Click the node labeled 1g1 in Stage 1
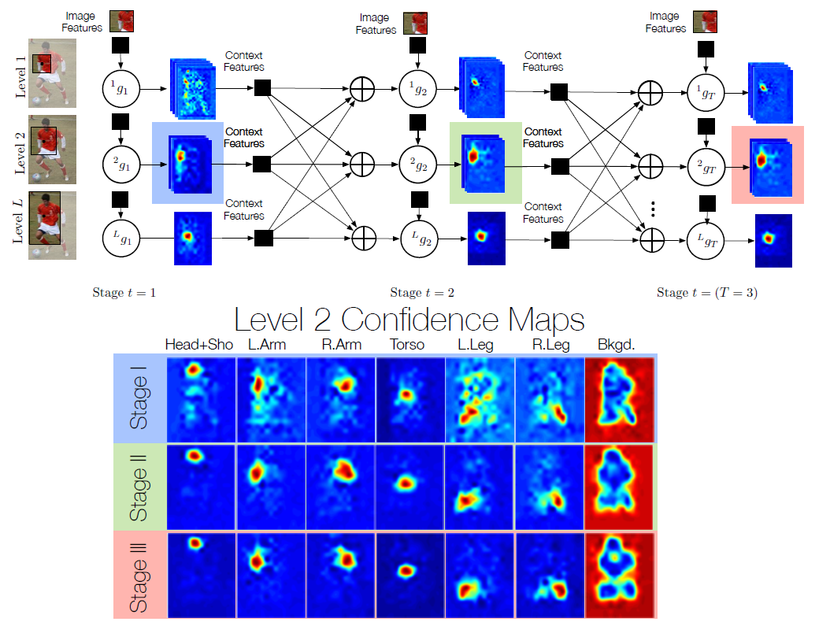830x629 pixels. tap(120, 88)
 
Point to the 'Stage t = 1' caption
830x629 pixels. tap(124, 293)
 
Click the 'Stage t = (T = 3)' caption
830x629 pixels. tap(706, 293)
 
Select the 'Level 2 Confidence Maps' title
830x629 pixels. tap(409, 320)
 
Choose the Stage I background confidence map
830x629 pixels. tap(620, 398)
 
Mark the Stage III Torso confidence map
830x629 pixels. tap(409, 574)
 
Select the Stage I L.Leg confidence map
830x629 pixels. tap(479, 398)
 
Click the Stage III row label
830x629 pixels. tap(139, 574)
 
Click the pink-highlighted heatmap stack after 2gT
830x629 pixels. tap(767, 165)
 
